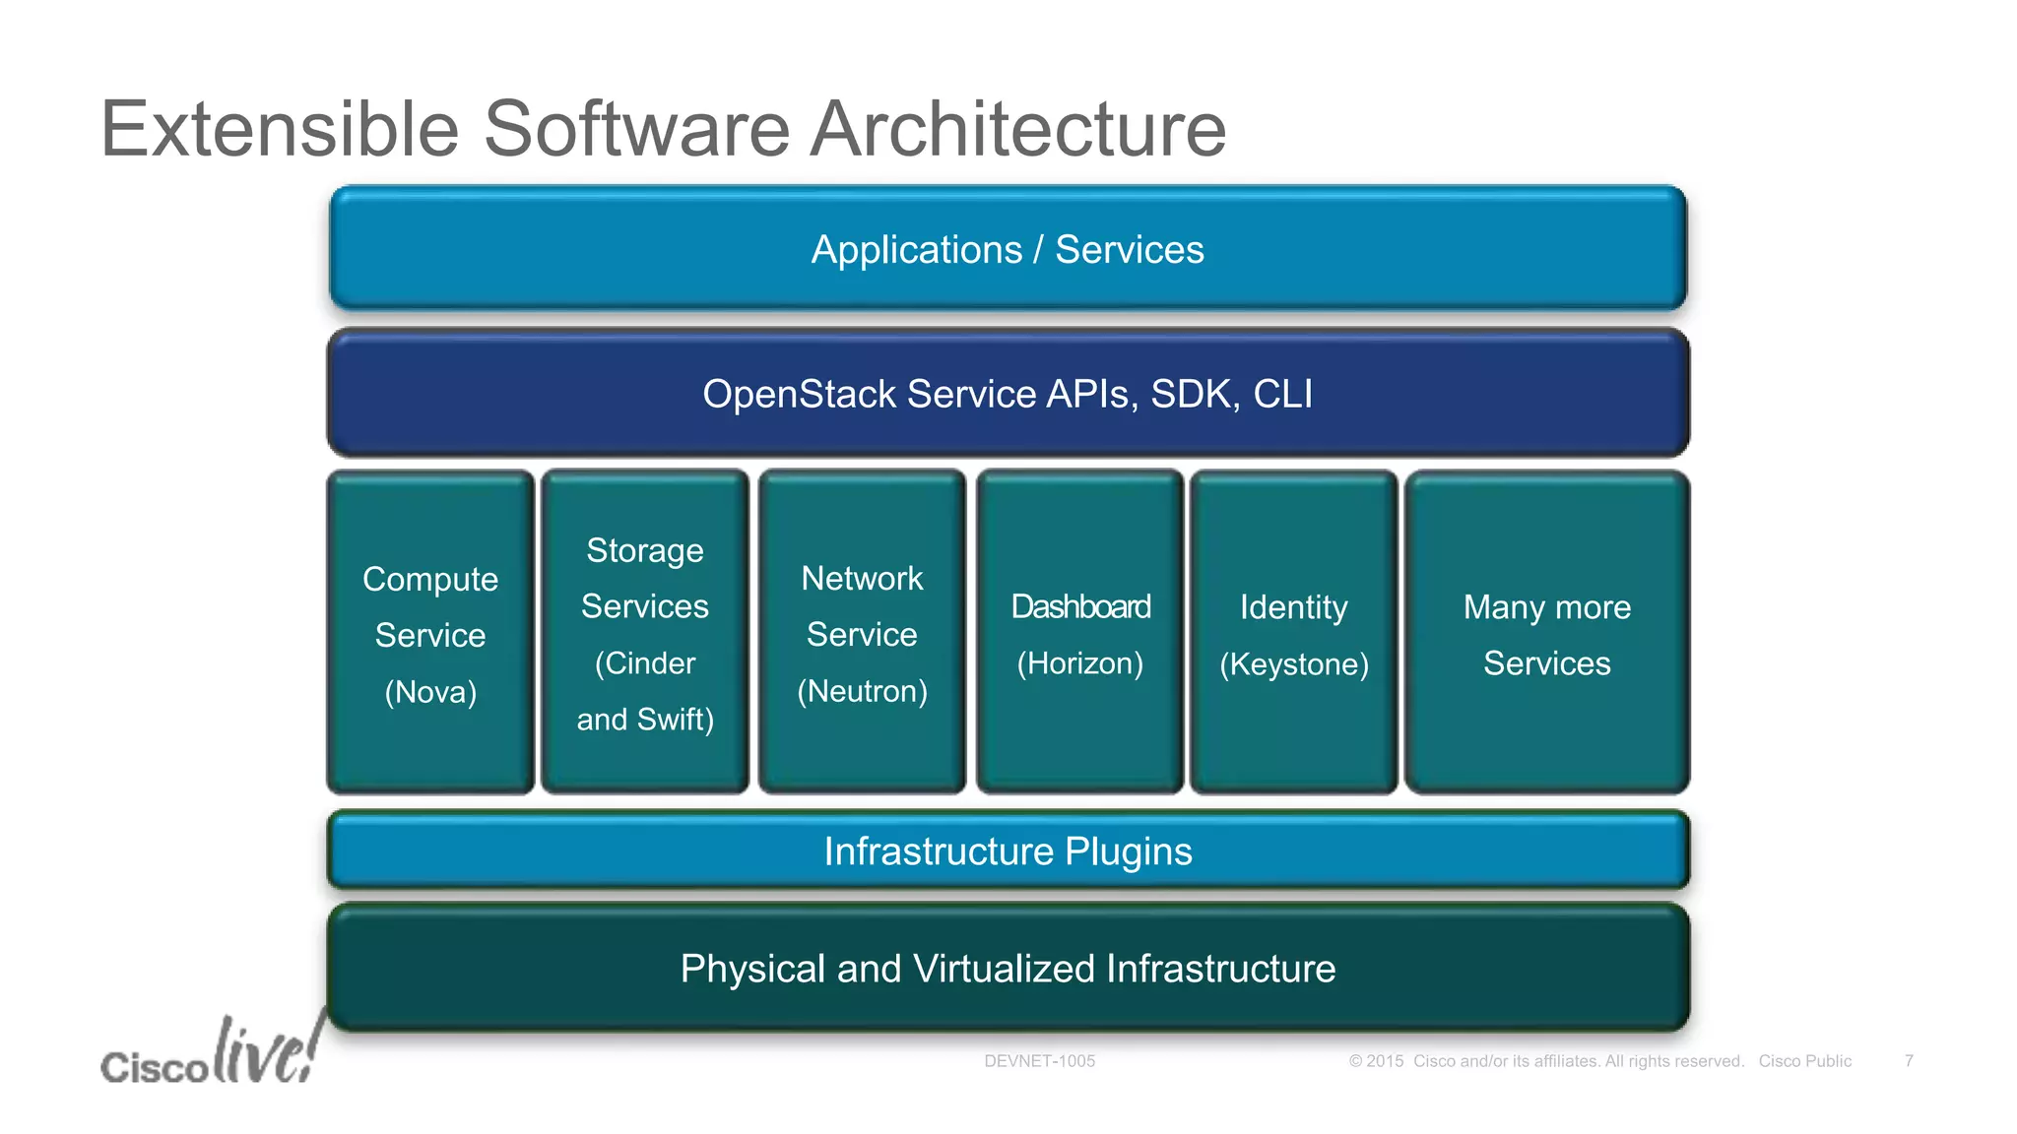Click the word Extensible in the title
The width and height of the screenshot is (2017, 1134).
coord(280,129)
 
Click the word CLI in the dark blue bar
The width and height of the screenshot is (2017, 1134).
coord(1281,394)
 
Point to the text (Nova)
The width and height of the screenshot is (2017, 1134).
coord(430,692)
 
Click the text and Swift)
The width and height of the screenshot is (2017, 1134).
coord(645,720)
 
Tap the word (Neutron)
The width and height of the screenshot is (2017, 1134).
coord(862,691)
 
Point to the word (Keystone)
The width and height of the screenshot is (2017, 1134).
coord(1293,664)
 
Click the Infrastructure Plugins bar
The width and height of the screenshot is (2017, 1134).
coord(1007,851)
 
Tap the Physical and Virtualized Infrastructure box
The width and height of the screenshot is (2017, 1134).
coord(1007,969)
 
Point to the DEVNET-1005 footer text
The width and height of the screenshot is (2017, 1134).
coord(1039,1061)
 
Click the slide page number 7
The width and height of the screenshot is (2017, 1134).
coord(1908,1061)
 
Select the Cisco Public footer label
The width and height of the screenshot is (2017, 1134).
coord(1804,1061)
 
